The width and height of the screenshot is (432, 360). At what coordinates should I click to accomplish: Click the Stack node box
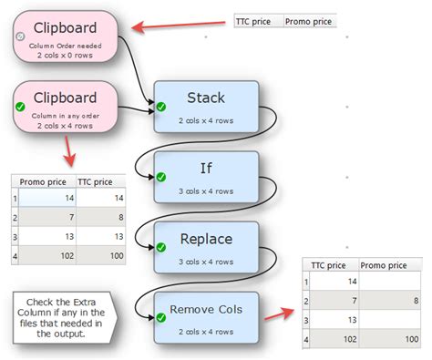(207, 107)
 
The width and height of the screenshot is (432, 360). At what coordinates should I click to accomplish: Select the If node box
(207, 176)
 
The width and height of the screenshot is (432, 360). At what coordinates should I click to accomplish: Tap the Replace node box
(207, 246)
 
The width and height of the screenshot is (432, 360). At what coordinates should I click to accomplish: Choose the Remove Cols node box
(207, 315)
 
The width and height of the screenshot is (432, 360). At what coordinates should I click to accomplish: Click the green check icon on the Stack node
(161, 108)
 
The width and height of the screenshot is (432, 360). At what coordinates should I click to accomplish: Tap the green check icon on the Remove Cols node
(161, 316)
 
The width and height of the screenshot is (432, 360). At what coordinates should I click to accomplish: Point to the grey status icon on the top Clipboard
(21, 36)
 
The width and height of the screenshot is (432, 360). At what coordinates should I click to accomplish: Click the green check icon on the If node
(161, 177)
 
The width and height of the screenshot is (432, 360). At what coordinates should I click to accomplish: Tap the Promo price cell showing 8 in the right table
(387, 300)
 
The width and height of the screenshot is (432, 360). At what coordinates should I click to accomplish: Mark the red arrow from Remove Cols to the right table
(278, 314)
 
